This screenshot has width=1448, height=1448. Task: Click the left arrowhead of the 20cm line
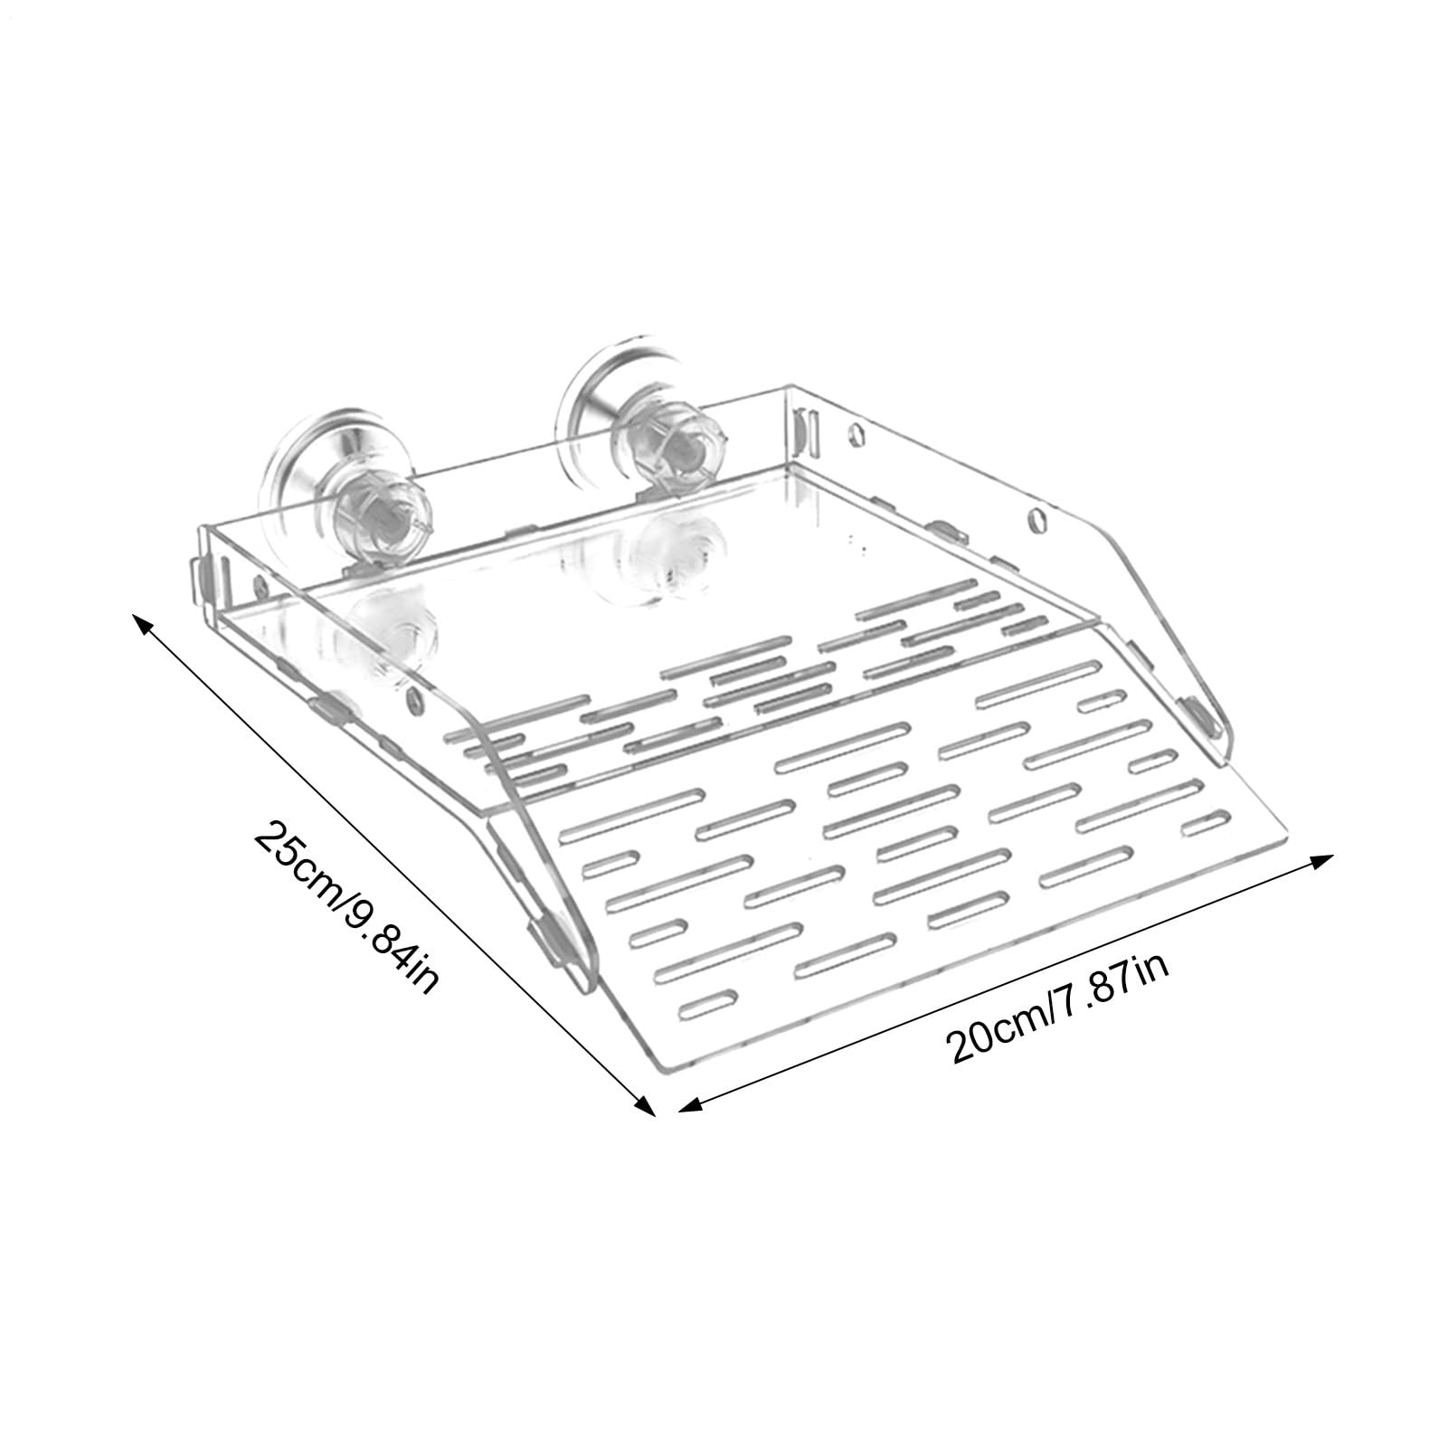pyautogui.click(x=690, y=1104)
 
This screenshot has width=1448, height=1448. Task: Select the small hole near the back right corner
pyautogui.click(x=856, y=433)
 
